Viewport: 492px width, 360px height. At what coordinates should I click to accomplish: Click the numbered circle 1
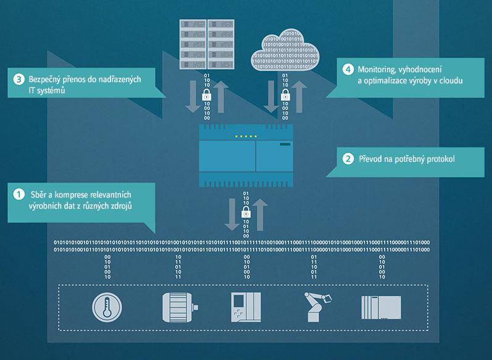[19, 194]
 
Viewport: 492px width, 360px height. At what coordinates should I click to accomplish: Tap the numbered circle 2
[348, 159]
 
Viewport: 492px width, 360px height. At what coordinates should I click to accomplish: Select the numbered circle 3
[19, 79]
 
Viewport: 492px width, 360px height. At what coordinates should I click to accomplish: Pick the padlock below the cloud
[285, 96]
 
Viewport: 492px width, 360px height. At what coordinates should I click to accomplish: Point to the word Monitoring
[377, 69]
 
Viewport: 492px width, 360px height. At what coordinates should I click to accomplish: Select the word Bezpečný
[46, 79]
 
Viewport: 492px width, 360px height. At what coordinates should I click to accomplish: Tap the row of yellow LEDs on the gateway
[246, 136]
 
